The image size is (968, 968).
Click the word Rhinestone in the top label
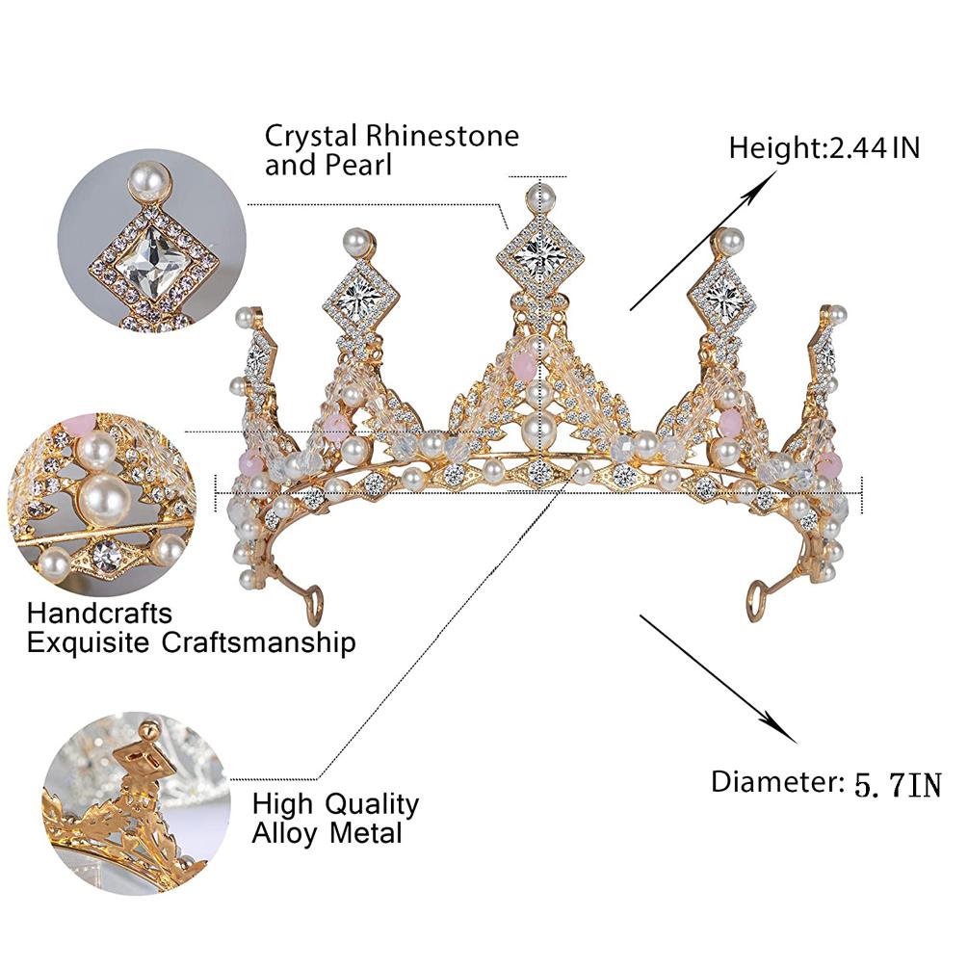point(442,137)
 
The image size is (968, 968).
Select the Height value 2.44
point(857,148)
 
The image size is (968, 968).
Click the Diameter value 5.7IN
point(899,785)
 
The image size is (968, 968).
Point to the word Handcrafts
point(99,613)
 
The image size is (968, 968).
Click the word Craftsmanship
point(259,643)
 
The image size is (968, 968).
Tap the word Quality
point(372,804)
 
